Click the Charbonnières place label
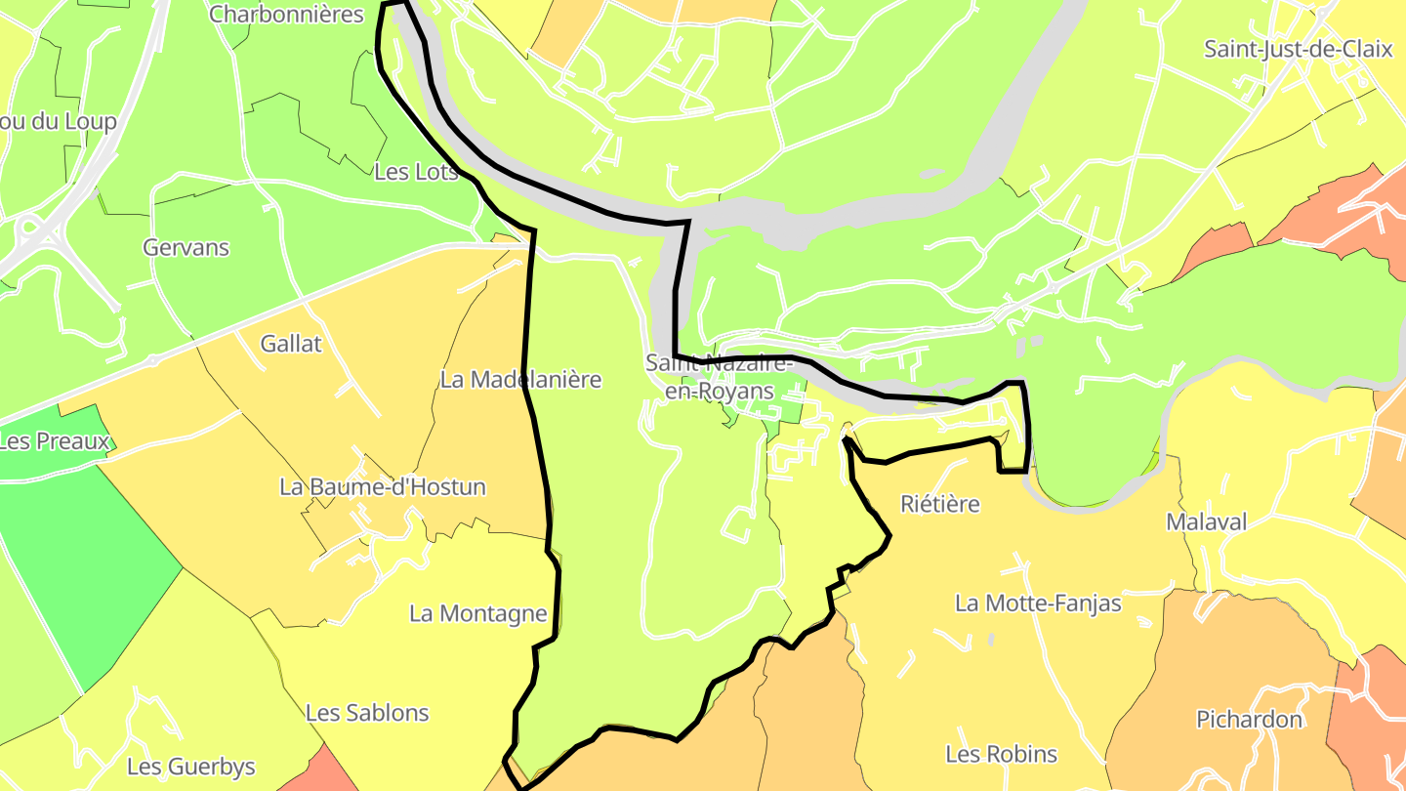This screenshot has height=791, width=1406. click(286, 14)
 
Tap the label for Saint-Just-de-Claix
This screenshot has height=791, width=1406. click(1298, 49)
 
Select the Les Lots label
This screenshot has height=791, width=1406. click(416, 172)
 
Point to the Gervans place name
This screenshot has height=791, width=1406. click(186, 248)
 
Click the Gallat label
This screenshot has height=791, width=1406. click(291, 344)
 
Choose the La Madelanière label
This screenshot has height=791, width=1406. click(520, 380)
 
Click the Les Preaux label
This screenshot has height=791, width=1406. click(54, 441)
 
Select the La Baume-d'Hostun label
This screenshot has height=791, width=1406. click(382, 486)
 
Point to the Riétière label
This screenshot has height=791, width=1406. click(939, 504)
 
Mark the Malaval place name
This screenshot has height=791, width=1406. click(1207, 522)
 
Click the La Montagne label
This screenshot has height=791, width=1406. click(477, 614)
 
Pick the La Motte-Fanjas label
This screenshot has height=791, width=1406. click(1038, 604)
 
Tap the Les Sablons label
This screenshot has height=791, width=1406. click(367, 713)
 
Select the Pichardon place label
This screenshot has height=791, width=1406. click(1250, 720)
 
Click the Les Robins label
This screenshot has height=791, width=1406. click(1001, 754)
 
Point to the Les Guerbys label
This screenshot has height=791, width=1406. click(191, 767)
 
